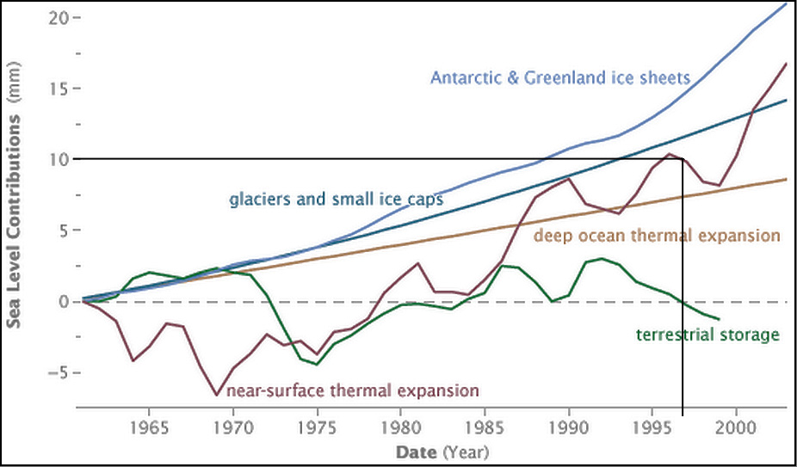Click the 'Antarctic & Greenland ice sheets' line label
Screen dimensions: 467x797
coord(559,77)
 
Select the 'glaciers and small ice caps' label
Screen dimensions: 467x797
coord(336,200)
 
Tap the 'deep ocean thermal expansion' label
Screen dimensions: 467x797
coord(657,235)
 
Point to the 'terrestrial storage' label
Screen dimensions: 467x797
coord(707,335)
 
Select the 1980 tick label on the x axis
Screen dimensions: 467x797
coord(400,427)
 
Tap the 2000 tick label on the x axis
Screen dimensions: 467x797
coord(736,427)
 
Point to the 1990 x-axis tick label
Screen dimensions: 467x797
coord(568,427)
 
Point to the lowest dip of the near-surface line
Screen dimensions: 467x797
coord(217,395)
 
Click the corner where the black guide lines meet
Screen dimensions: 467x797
coord(683,159)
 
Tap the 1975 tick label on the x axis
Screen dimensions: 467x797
coord(318,427)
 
